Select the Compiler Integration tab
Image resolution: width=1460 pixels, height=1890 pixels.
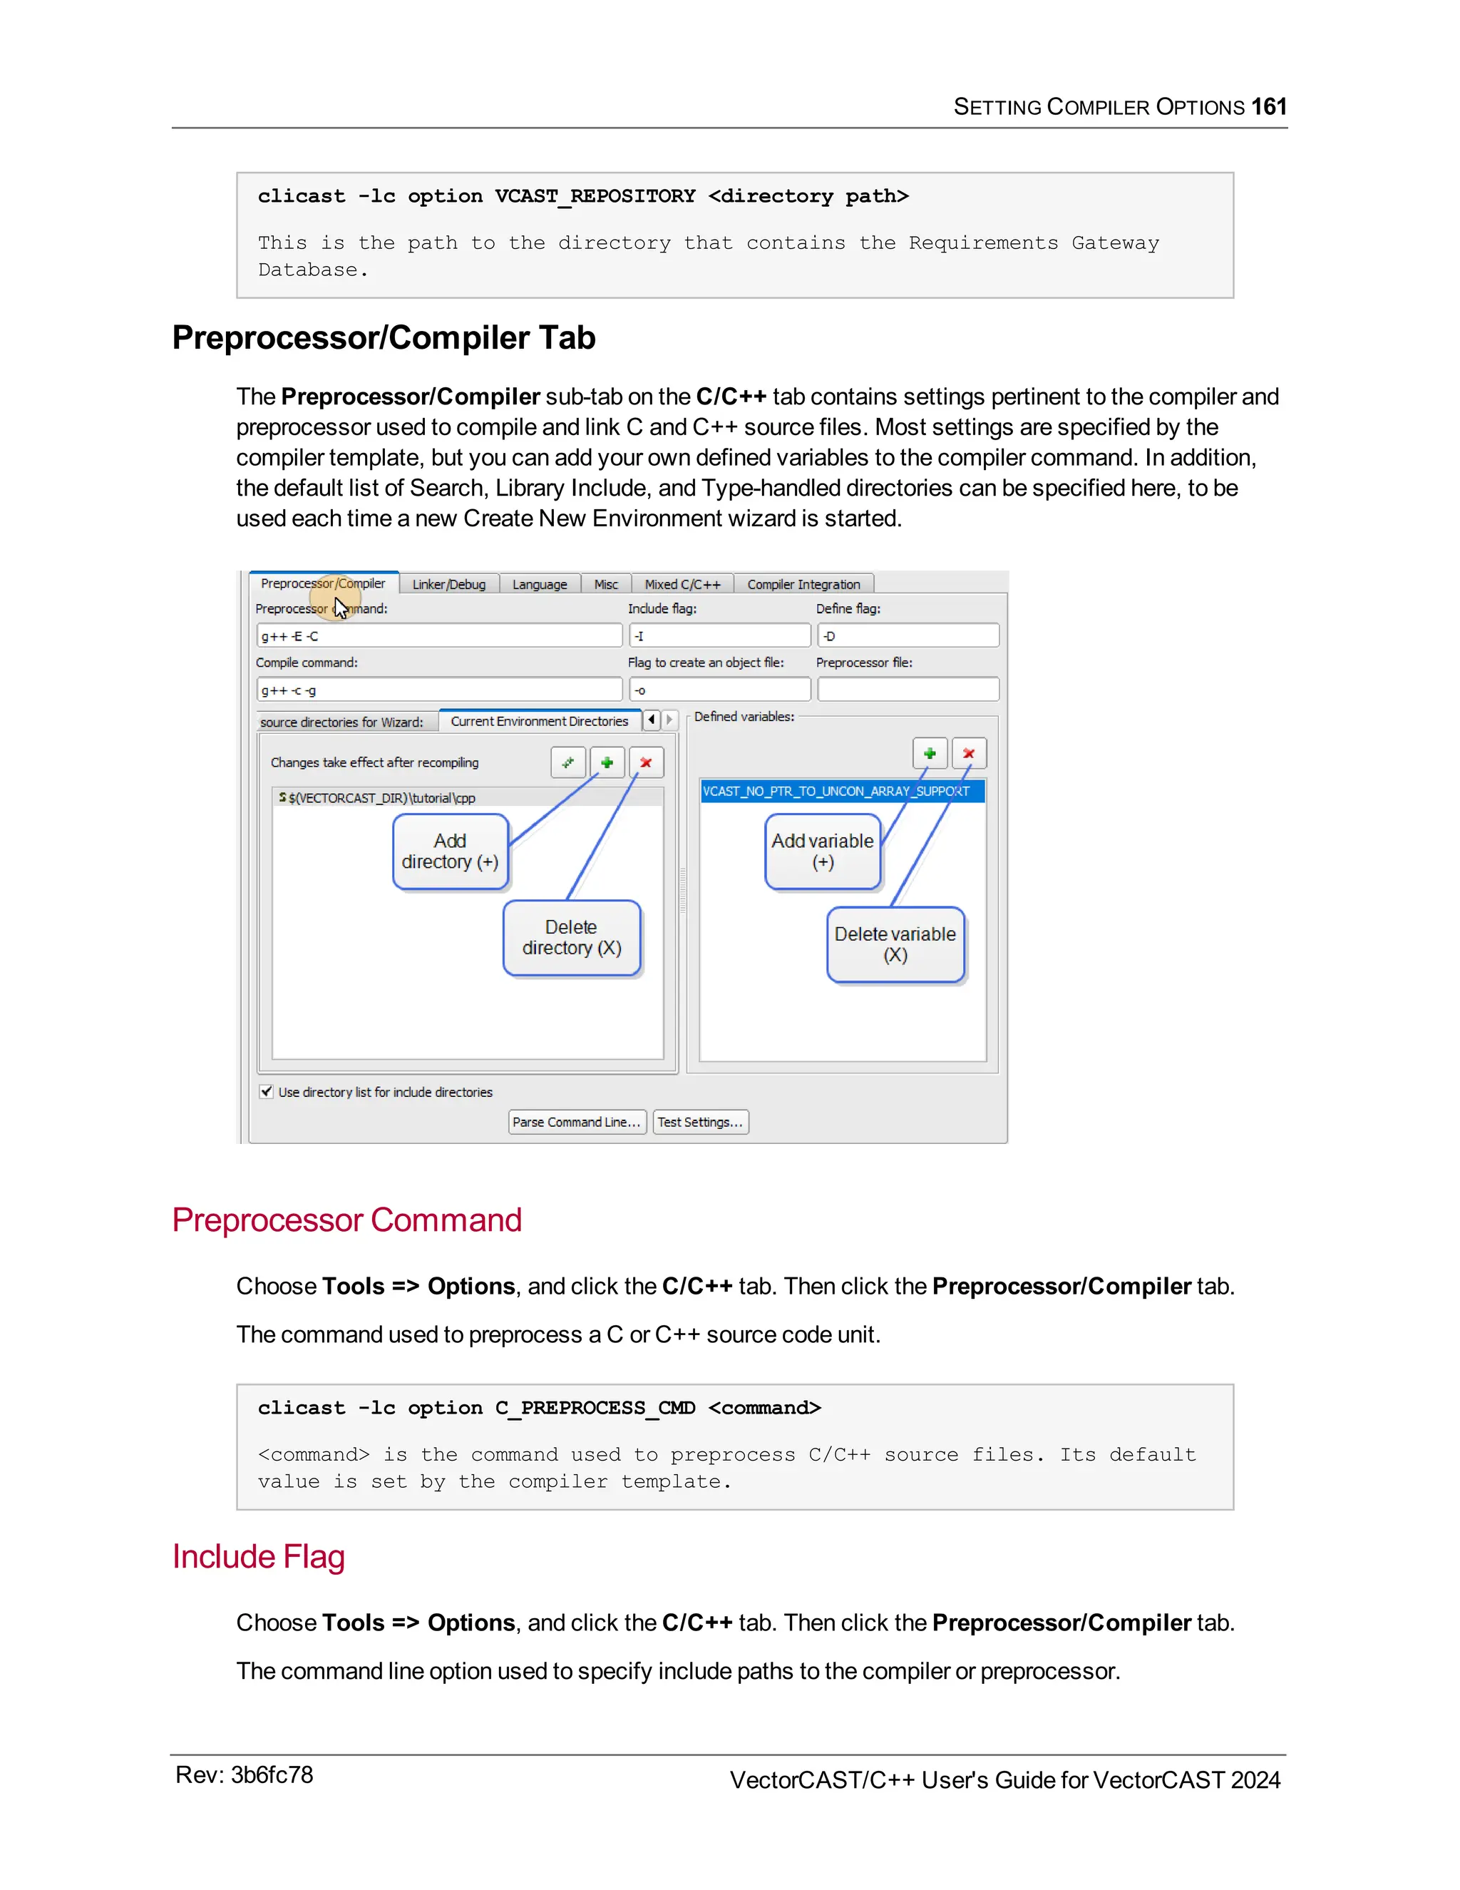point(803,584)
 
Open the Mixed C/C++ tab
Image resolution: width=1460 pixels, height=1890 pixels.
point(682,584)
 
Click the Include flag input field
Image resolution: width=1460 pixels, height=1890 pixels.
point(719,636)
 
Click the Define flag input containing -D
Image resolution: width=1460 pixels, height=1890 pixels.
point(908,636)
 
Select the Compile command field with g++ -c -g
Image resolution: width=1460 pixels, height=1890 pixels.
point(439,690)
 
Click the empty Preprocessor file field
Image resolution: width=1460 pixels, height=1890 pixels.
point(908,690)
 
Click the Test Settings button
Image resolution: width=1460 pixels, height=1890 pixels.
point(700,1122)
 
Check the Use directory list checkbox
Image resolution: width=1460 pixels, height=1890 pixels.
point(267,1091)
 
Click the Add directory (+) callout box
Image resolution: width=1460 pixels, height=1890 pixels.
point(450,852)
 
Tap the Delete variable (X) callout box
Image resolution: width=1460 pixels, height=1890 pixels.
point(895,944)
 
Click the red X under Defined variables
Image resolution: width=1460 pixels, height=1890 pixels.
point(969,754)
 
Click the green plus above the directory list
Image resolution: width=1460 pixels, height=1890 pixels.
point(607,762)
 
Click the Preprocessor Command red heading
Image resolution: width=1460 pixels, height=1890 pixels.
point(347,1220)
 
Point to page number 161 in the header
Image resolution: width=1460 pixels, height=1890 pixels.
point(1269,106)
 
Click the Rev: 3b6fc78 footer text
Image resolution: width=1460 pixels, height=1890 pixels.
point(244,1775)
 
